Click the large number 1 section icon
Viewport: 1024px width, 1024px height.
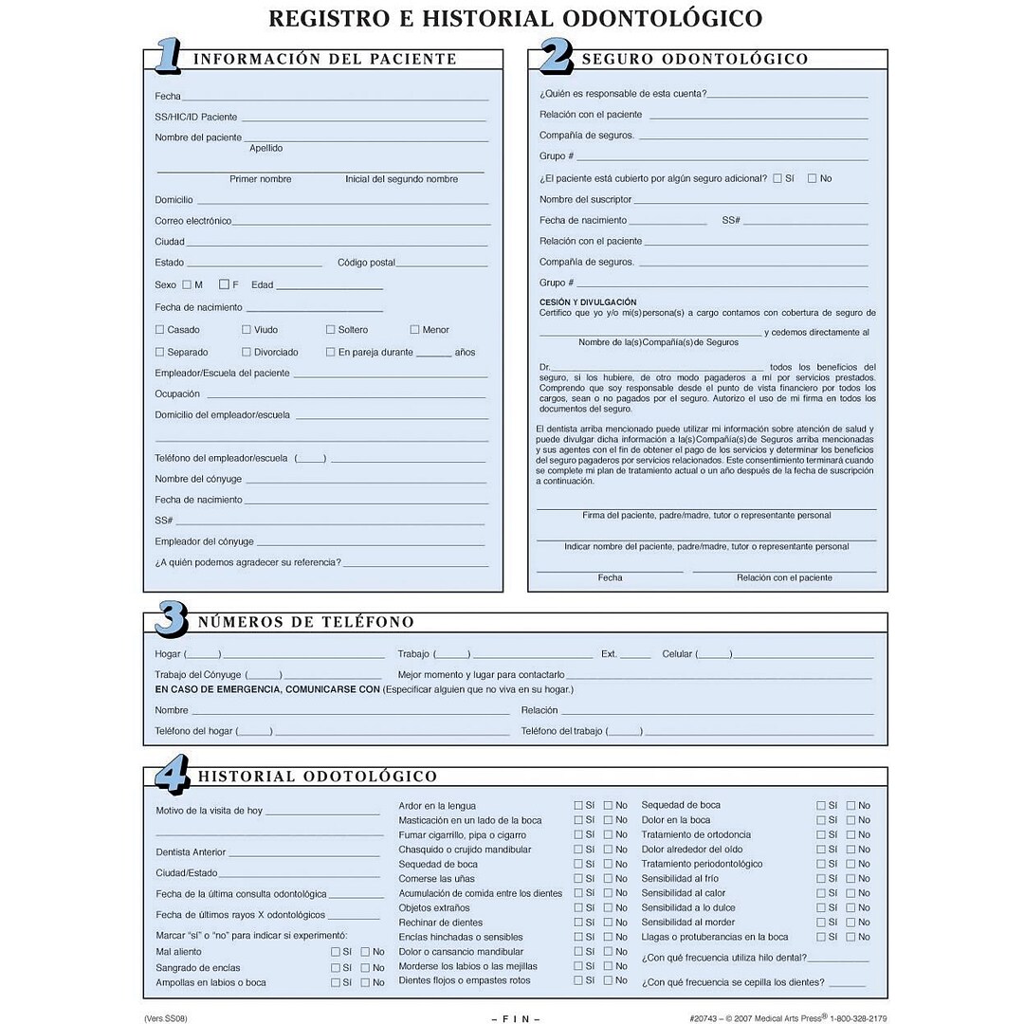click(167, 57)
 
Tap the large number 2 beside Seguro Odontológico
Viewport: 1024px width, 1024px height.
click(556, 57)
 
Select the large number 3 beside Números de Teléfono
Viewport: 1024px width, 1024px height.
click(171, 620)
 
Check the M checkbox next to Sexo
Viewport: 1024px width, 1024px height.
click(187, 284)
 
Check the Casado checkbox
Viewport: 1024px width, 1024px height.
click(160, 330)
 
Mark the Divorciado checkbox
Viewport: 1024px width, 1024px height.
click(247, 352)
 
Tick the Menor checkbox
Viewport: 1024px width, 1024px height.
click(414, 330)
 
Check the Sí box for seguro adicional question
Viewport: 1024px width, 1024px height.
click(777, 178)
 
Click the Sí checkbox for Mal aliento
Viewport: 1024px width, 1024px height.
click(336, 952)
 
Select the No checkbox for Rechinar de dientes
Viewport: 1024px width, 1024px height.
click(608, 923)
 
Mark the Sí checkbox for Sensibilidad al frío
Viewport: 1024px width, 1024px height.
click(821, 879)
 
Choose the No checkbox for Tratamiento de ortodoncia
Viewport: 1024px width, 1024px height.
click(850, 835)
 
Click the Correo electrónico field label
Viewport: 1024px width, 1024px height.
click(193, 221)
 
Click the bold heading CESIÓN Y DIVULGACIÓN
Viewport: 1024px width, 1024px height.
click(588, 302)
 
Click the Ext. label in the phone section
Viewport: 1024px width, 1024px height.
click(609, 654)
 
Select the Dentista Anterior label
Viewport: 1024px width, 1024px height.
click(191, 852)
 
